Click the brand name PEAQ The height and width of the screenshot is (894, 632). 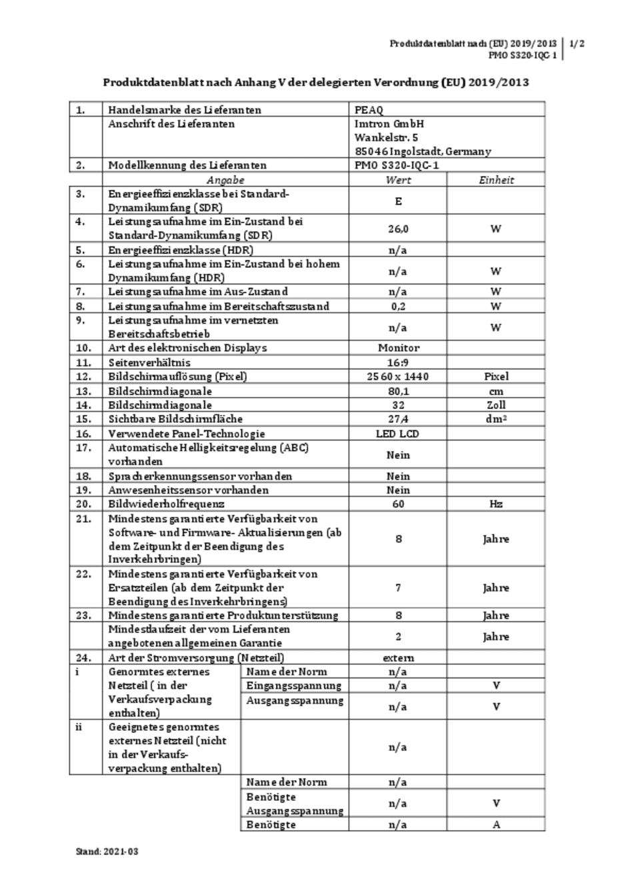point(369,110)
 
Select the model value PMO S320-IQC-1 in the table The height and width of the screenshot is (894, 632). point(397,165)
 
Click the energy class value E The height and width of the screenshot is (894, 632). point(398,201)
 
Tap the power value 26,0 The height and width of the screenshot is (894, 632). point(398,228)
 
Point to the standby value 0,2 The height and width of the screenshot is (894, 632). point(398,306)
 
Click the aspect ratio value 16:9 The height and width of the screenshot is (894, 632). point(398,362)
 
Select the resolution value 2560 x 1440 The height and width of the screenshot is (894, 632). point(398,376)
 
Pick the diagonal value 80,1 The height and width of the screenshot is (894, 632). point(398,391)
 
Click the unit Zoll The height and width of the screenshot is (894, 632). point(496,405)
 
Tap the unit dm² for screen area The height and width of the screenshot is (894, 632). point(496,419)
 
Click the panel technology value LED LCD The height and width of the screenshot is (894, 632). point(398,434)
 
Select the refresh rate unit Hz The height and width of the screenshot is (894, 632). point(496,504)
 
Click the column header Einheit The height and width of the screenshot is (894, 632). point(496,180)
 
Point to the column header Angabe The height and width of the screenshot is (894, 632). point(225,180)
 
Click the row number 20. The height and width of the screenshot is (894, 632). point(83,504)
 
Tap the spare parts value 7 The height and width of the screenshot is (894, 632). point(398,588)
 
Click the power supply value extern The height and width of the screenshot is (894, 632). point(398,658)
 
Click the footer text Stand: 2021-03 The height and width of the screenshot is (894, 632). point(107,851)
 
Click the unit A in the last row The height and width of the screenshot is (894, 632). point(496,825)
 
